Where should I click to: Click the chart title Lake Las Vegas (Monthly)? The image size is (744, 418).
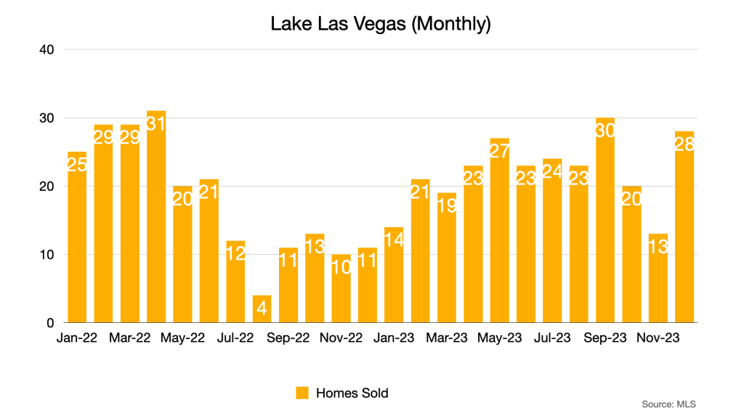point(381,24)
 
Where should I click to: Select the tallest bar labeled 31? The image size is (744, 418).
point(156,218)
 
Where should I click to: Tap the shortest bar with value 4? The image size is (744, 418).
point(262,309)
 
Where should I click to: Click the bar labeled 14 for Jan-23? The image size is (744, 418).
point(394,275)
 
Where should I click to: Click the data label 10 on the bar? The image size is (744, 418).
point(341,268)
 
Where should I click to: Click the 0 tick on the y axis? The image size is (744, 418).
point(50,323)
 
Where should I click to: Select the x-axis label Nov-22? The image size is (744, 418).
point(341,339)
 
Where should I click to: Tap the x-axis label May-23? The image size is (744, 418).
point(499,339)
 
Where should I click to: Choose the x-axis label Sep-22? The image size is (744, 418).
point(288,339)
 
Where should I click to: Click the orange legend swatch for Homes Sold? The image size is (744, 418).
point(302,393)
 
